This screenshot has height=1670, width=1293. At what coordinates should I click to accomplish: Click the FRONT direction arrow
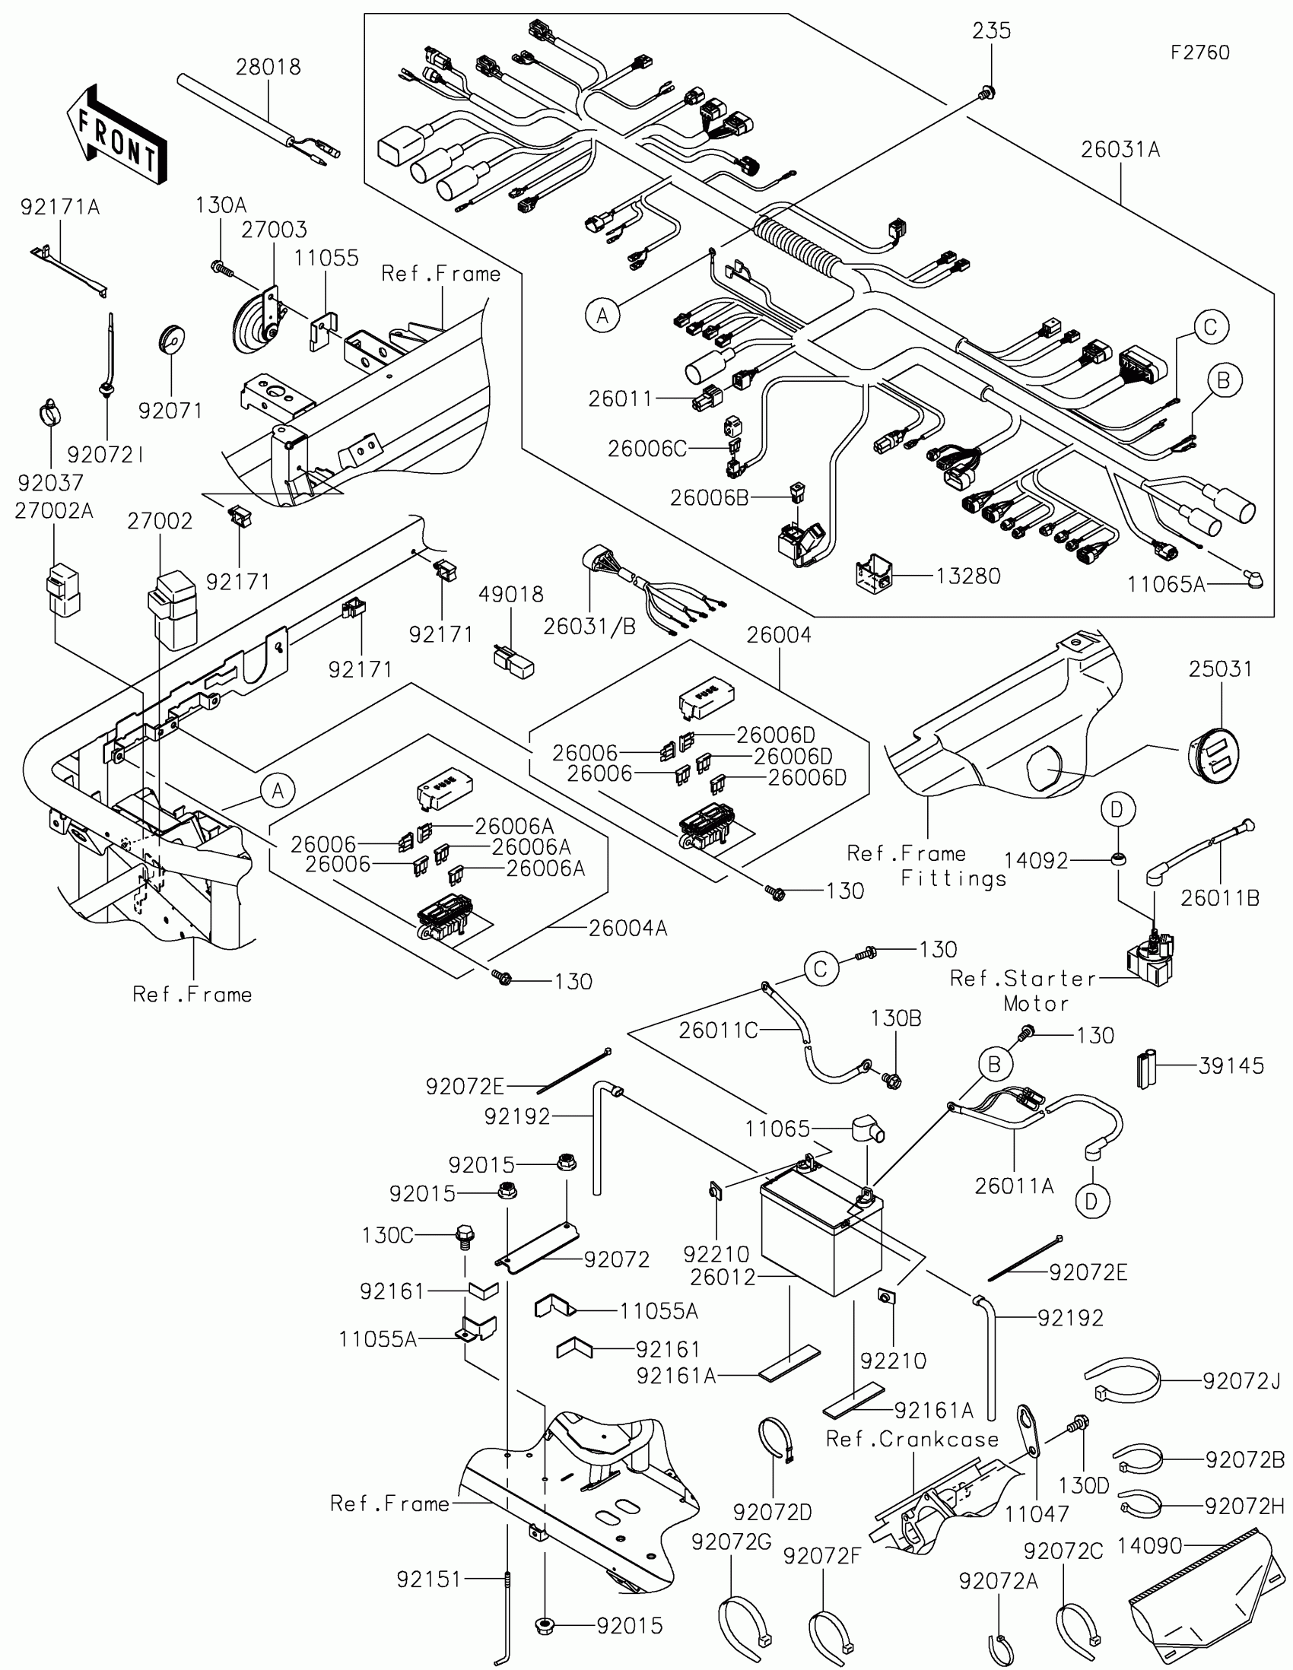coord(117,135)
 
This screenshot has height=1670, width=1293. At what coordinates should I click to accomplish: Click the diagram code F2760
coord(1199,52)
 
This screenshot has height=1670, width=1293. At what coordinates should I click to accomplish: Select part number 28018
coord(268,67)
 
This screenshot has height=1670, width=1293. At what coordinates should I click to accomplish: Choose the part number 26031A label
coord(1120,150)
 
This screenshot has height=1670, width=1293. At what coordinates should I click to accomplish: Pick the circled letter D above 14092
coord(1118,809)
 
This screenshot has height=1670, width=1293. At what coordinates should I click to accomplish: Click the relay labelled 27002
coord(173,610)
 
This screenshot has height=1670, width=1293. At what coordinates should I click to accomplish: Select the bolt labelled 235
coord(986,94)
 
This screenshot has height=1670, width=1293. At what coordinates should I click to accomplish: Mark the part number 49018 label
coord(511,594)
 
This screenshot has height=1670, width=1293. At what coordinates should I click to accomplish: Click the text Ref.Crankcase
coord(912,1439)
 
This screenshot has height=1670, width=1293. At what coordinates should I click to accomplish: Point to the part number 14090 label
coord(1150,1546)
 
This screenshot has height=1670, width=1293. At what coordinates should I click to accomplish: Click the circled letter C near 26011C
coord(821,970)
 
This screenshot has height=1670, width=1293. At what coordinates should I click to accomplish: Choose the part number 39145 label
coord(1231,1065)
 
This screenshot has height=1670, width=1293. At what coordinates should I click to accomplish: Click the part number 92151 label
coord(429,1579)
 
